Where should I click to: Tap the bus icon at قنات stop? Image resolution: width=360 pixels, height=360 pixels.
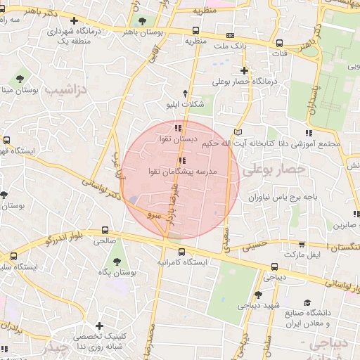coord(279,42)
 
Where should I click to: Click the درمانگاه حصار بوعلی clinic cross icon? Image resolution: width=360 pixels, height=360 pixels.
coord(244,70)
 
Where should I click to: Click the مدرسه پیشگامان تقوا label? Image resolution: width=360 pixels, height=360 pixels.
coord(186,171)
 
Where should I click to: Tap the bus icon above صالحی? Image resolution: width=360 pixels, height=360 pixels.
coord(105,230)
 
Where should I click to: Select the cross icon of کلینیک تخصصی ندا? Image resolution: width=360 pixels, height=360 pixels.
coord(100,326)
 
